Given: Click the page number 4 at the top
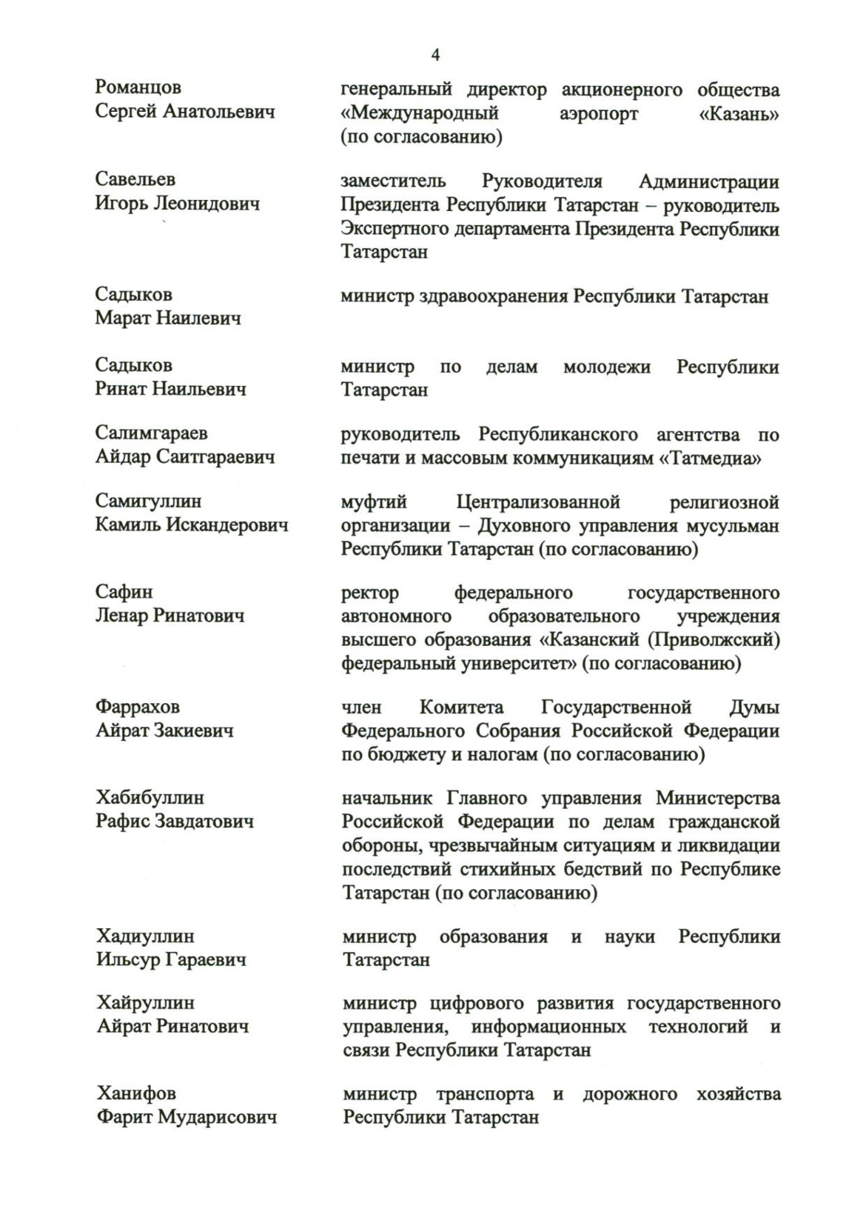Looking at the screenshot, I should click(x=435, y=56).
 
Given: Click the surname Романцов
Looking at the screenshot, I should click(x=138, y=87).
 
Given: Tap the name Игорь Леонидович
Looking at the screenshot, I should click(x=178, y=203).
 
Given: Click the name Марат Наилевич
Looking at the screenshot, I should click(x=168, y=319).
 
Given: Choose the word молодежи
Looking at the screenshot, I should click(x=607, y=367).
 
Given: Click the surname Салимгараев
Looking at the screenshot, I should click(x=152, y=433).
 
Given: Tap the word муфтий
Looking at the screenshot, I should click(x=374, y=502).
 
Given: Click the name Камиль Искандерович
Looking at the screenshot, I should click(x=192, y=525).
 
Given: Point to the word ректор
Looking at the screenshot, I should click(x=370, y=593).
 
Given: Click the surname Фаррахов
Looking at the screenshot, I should click(x=138, y=707).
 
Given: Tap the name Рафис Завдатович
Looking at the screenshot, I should click(x=175, y=821).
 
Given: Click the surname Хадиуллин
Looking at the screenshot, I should click(x=146, y=936).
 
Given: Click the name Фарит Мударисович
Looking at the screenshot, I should click(x=187, y=1117).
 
